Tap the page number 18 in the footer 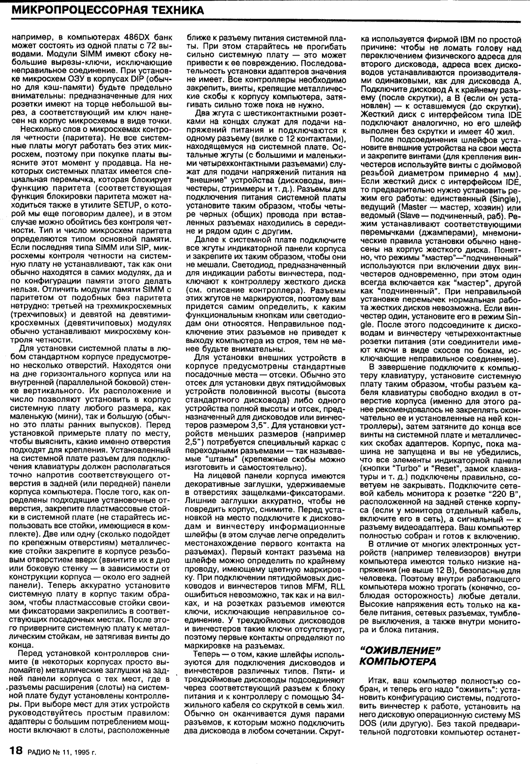click(x=16, y=751)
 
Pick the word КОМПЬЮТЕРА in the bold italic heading click(x=398, y=662)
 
